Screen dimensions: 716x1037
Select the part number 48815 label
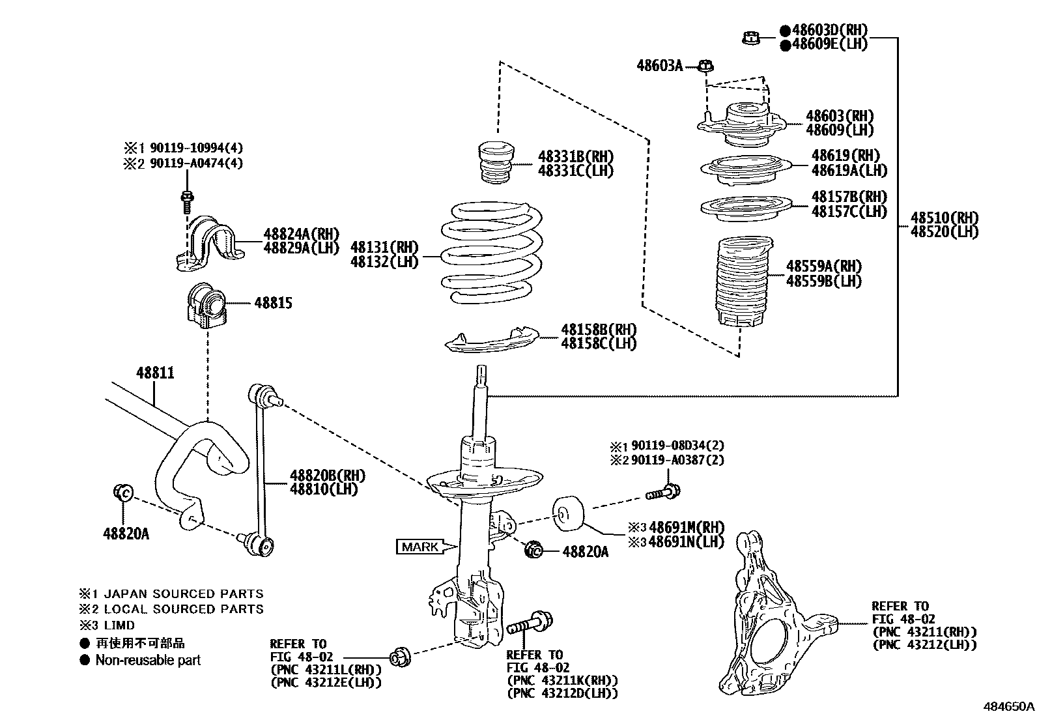pos(273,303)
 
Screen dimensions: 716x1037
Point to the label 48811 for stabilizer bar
pos(155,373)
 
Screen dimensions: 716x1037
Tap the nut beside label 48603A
pos(706,65)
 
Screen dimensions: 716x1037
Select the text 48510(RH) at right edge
pos(944,218)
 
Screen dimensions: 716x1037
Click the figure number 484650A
pos(1008,706)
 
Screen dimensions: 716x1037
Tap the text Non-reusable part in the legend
pos(148,660)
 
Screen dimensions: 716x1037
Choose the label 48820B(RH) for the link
pos(328,476)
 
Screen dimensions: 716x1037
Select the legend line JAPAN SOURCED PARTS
pos(184,594)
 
